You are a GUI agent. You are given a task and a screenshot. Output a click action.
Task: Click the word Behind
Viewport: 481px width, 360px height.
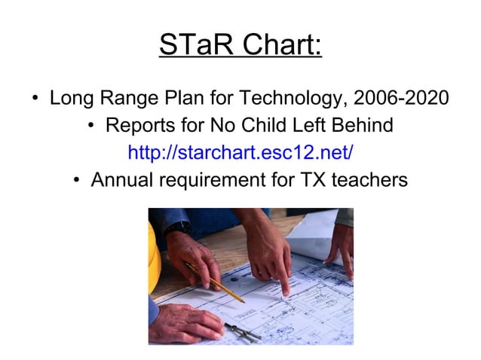(359, 125)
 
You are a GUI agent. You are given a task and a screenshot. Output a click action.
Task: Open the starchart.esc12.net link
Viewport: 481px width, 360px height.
(240, 153)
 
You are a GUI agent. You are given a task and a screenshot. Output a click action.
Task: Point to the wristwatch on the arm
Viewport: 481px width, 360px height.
(178, 227)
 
